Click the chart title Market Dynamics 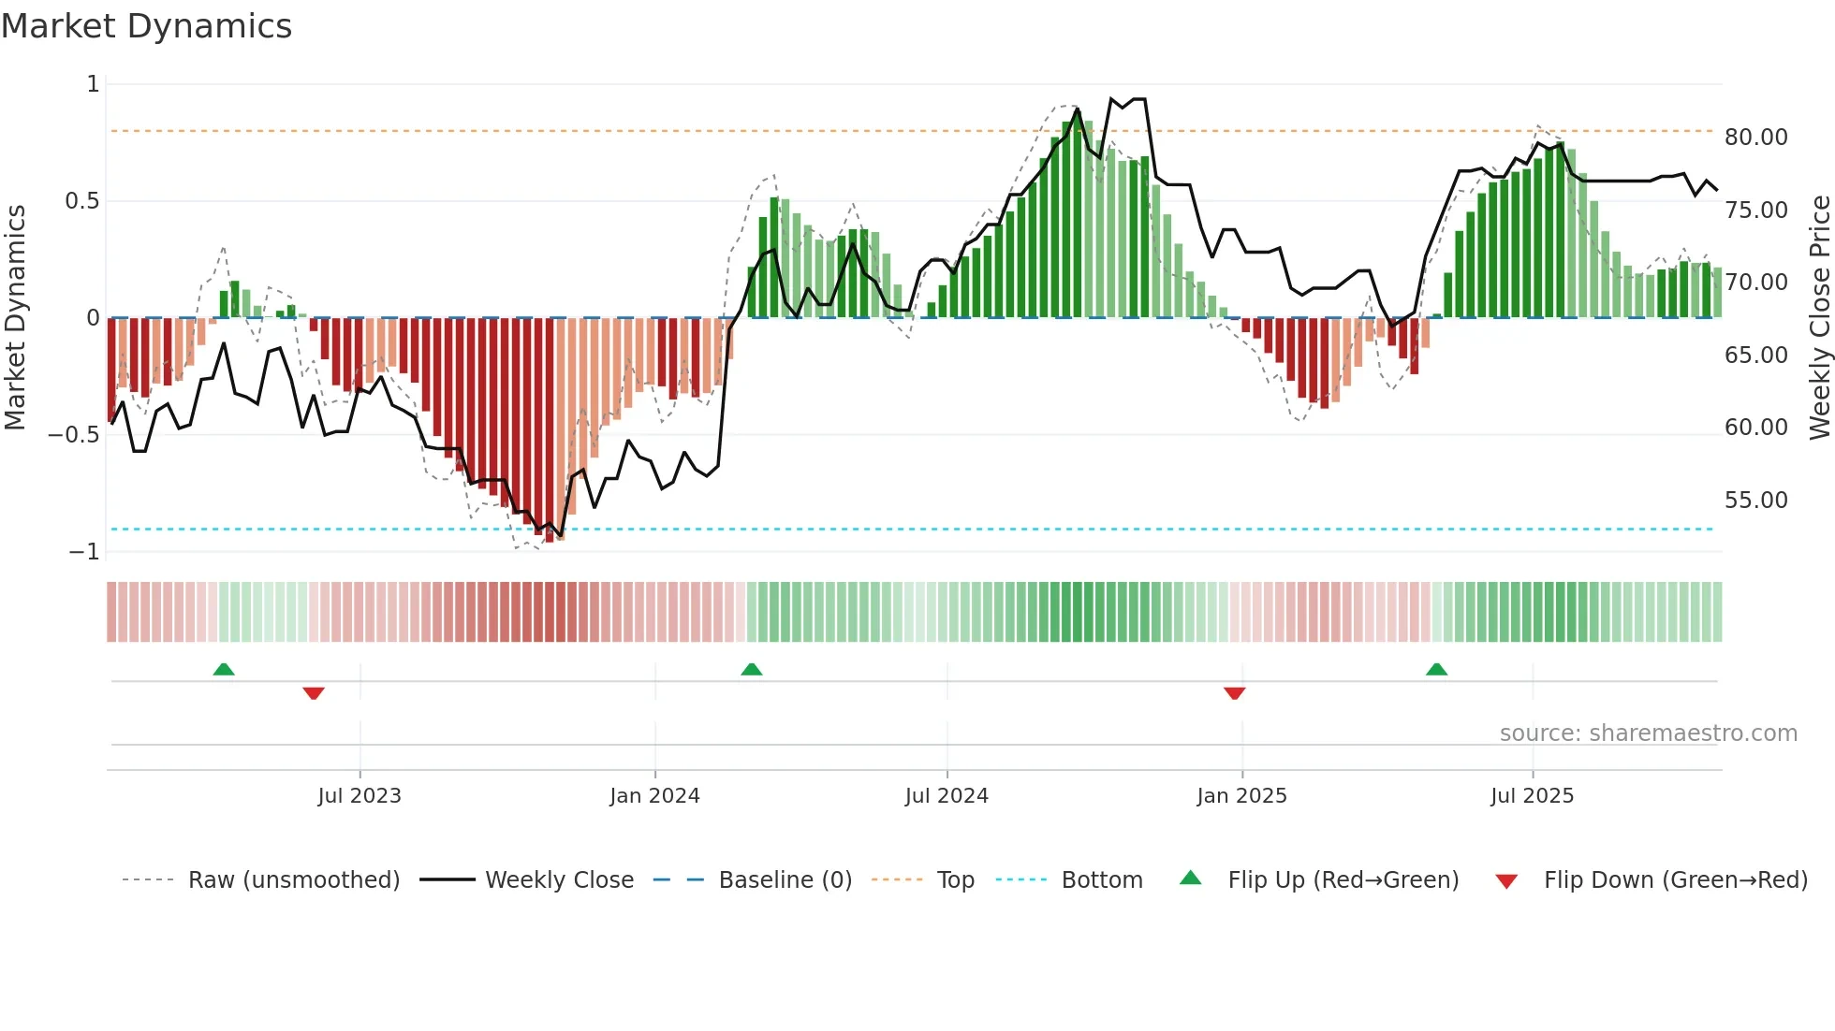146,26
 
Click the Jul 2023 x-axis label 360,796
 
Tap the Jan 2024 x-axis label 654,796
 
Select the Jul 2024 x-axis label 947,796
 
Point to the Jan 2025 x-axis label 1241,796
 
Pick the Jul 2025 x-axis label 1533,796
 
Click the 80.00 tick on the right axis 1756,138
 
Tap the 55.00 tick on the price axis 1756,501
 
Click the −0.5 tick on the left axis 73,435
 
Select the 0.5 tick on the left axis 81,201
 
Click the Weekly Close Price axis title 1819,318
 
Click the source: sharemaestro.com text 1648,733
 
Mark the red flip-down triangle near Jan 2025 1234,693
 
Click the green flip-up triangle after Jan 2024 751,669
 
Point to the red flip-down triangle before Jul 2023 314,693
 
